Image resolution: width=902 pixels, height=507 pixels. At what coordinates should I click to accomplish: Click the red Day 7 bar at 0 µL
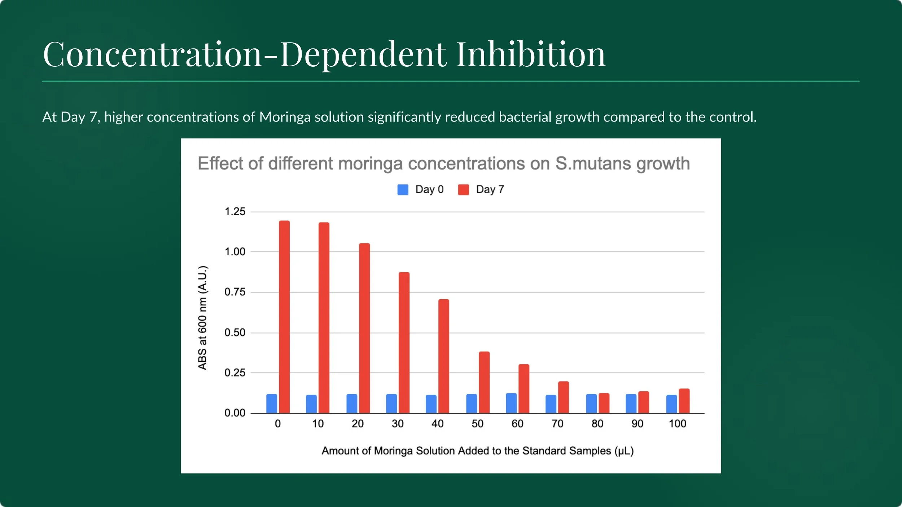coord(284,317)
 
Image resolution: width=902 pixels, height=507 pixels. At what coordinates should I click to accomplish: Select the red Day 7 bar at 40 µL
coord(444,356)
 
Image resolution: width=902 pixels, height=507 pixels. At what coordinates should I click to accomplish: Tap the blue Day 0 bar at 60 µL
coord(511,403)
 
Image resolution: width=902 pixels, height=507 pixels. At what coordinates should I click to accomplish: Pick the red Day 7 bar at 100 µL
coord(684,401)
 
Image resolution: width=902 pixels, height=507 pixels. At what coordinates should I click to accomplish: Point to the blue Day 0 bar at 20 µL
coord(352,404)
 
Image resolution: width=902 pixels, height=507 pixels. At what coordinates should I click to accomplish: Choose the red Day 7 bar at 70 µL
coord(564,397)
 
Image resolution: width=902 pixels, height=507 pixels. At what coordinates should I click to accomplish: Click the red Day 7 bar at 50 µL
coord(484,382)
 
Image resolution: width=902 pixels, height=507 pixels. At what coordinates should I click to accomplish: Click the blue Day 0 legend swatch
coord(403,190)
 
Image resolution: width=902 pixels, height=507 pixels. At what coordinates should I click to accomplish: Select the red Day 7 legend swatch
coord(463,190)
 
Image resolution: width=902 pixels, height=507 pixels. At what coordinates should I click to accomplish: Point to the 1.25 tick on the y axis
coord(235,212)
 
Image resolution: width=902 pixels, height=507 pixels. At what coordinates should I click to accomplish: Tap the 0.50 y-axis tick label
coord(235,332)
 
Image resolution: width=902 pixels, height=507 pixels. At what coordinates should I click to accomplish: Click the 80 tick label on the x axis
coord(597,424)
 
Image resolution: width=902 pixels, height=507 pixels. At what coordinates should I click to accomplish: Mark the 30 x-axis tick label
coord(398,424)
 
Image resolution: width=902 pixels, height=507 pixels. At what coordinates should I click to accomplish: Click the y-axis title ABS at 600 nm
coord(203,318)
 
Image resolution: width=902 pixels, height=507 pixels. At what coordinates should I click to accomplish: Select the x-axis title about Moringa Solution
coord(478,451)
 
